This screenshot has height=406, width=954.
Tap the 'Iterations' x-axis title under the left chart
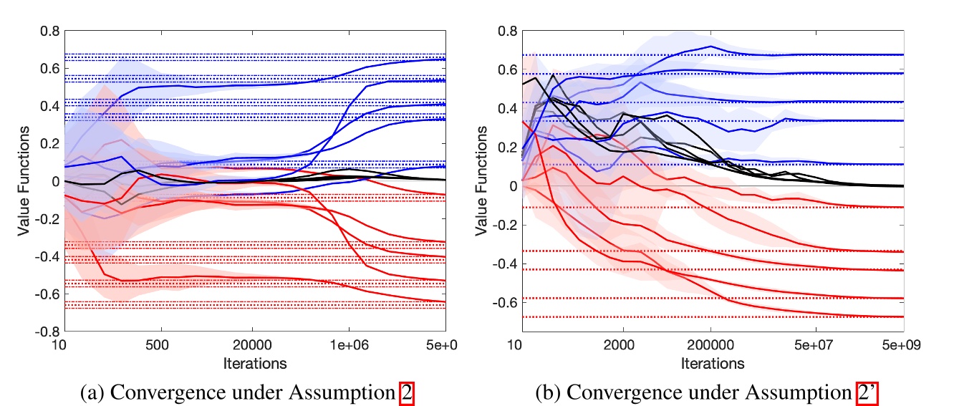(x=254, y=363)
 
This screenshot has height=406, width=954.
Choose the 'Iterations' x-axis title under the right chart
(x=712, y=363)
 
